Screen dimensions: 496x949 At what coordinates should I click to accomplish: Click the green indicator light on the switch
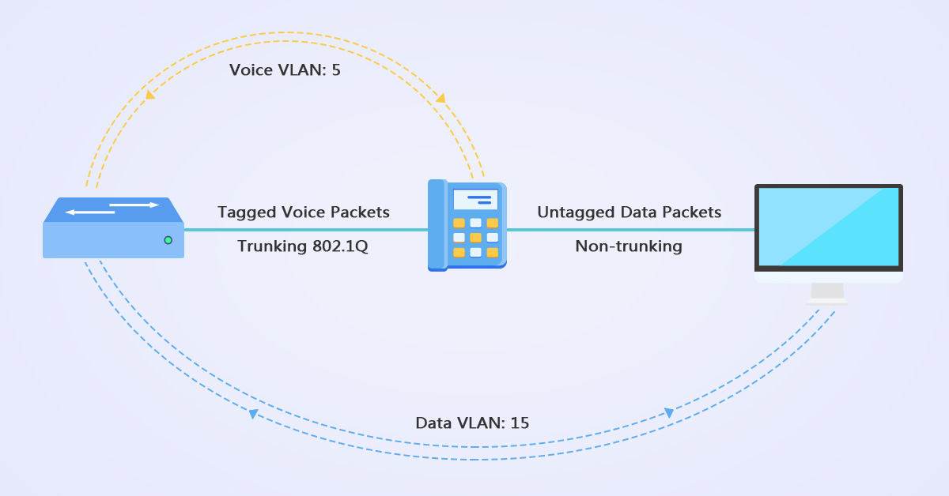pyautogui.click(x=168, y=239)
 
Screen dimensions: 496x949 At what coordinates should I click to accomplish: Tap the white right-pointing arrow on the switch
pyautogui.click(x=134, y=205)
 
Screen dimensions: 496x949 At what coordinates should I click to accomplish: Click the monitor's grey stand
pyautogui.click(x=827, y=293)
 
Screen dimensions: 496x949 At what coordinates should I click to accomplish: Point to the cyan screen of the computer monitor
pyautogui.click(x=828, y=227)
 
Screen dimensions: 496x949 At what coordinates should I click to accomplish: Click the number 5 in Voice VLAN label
pyautogui.click(x=336, y=70)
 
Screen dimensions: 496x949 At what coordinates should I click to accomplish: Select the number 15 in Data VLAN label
pyautogui.click(x=520, y=423)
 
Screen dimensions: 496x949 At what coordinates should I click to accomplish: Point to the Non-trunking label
pyautogui.click(x=629, y=246)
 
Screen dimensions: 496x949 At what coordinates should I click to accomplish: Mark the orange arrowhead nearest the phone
pyautogui.click(x=440, y=98)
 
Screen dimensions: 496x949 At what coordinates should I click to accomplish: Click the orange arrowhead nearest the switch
pyautogui.click(x=149, y=95)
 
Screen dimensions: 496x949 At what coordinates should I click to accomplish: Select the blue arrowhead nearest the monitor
pyautogui.click(x=669, y=413)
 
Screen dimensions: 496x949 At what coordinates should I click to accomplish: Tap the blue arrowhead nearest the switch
pyautogui.click(x=253, y=414)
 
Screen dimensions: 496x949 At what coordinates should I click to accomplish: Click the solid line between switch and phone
pyautogui.click(x=305, y=230)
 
